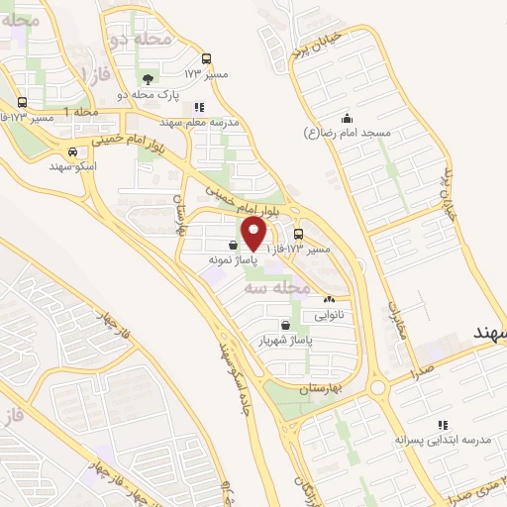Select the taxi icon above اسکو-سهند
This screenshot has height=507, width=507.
[72, 152]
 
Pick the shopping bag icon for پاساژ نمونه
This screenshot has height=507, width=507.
[232, 247]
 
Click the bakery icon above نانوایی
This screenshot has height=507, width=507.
[329, 300]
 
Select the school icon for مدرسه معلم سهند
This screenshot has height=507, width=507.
[199, 107]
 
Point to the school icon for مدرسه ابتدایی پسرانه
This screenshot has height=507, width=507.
[441, 424]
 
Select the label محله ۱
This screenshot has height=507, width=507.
[81, 112]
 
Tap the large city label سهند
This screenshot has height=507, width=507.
[489, 333]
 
